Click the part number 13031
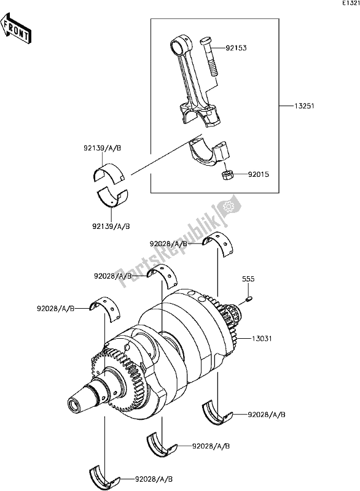coord(261,338)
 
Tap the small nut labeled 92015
coord(227,176)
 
